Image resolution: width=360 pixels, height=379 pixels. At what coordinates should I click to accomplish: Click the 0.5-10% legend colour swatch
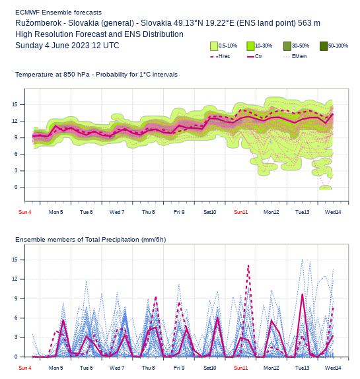[214, 46]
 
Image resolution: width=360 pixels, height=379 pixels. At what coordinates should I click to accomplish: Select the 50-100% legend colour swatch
[324, 46]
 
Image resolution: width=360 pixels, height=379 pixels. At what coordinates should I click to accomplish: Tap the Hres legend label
[224, 56]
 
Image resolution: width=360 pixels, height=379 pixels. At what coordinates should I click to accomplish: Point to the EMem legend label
[299, 56]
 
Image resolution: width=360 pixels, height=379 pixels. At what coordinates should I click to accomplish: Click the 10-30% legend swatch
[250, 46]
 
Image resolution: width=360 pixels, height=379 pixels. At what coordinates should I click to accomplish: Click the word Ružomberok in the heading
[38, 23]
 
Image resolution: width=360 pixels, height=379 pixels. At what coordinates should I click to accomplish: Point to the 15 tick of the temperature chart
[15, 104]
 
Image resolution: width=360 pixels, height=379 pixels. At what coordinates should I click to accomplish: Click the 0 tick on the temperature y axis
[16, 187]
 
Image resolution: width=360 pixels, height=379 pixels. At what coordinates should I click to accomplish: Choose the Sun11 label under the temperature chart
[241, 212]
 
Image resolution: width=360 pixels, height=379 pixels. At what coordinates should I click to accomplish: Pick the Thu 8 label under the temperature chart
[148, 212]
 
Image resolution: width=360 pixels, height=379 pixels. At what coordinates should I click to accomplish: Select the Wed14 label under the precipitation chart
[333, 368]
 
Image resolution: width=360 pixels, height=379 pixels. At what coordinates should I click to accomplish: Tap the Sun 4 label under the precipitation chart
[25, 368]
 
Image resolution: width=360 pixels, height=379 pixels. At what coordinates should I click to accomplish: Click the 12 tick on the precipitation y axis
[15, 279]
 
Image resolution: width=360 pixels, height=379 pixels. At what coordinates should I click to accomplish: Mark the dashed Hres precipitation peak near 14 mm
[248, 265]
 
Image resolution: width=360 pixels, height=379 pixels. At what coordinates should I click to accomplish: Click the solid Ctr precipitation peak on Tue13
[303, 294]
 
